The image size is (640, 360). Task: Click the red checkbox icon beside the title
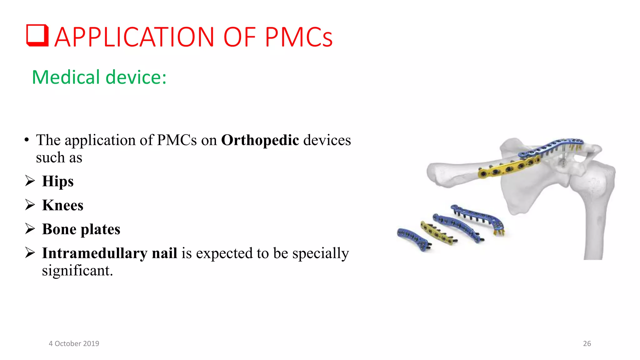tap(37, 35)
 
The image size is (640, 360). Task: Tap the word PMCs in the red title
tap(299, 37)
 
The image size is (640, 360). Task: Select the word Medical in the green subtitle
tap(66, 77)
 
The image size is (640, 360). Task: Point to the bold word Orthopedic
tap(260, 140)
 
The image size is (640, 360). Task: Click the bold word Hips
tap(58, 181)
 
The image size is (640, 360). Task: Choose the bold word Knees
tap(63, 205)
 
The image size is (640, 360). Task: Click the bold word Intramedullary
tap(109, 253)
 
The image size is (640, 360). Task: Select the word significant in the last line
tap(77, 271)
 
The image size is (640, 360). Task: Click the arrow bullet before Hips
tap(30, 181)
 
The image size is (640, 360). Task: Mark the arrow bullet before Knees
tap(30, 205)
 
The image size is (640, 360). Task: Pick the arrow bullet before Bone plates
tap(30, 229)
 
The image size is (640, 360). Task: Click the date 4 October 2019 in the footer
tap(74, 343)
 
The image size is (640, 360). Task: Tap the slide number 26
tap(587, 343)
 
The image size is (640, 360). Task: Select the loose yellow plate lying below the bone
tap(436, 233)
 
